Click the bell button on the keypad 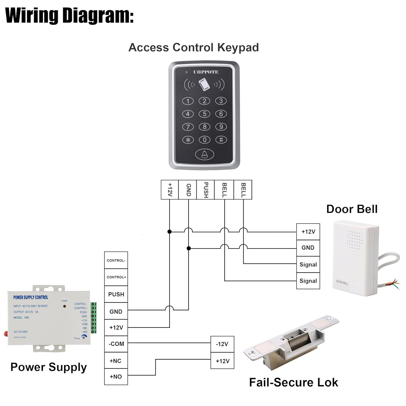click(x=205, y=155)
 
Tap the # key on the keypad click(x=221, y=140)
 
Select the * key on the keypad click(x=188, y=140)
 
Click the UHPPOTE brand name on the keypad click(x=206, y=72)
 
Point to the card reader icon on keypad click(x=204, y=85)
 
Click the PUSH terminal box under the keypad click(x=205, y=190)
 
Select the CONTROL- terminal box click(x=116, y=260)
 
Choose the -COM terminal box click(x=116, y=344)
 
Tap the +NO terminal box click(x=116, y=376)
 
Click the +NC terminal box click(x=116, y=361)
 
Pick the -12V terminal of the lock click(x=222, y=344)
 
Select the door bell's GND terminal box click(x=308, y=248)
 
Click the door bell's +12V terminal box click(x=308, y=232)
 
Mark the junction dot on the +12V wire click(x=169, y=232)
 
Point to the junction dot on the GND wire click(x=189, y=248)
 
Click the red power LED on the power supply click(x=64, y=306)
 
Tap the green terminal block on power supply click(x=94, y=318)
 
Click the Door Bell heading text click(x=352, y=209)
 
